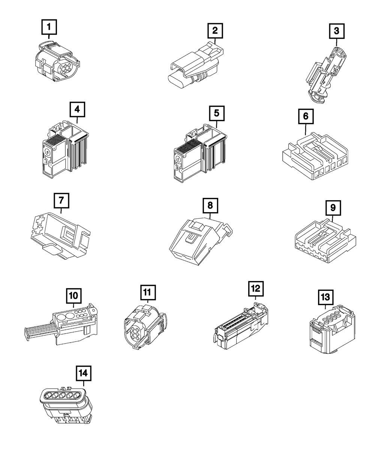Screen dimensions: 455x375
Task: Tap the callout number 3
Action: pyautogui.click(x=336, y=31)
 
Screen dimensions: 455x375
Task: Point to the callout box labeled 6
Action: pyautogui.click(x=306, y=117)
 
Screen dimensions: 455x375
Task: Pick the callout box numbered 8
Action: pyautogui.click(x=210, y=205)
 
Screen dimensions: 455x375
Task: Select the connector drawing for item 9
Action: pyautogui.click(x=323, y=242)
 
